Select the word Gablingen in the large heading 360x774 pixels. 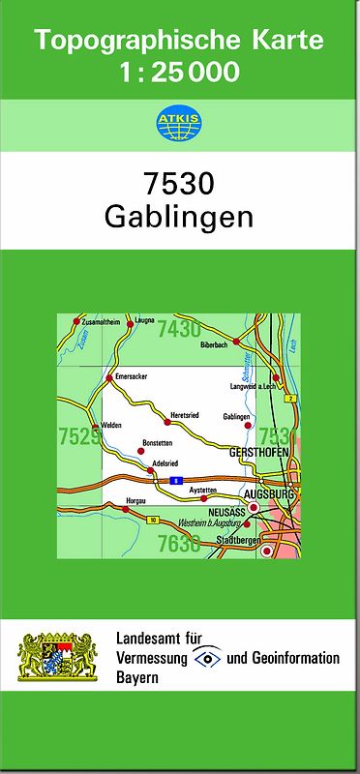click(179, 216)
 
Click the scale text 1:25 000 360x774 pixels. click(181, 72)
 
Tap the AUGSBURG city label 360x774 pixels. click(272, 492)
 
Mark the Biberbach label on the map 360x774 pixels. click(213, 342)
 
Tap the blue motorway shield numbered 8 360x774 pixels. click(176, 480)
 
